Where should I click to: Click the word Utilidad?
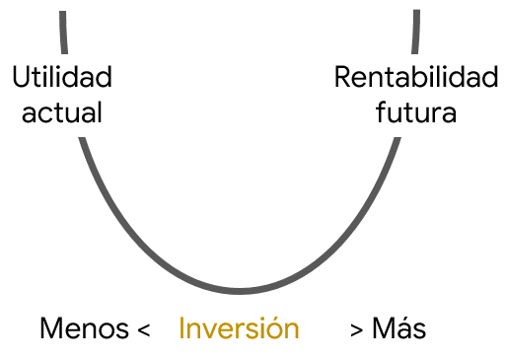(61, 77)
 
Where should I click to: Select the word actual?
(62, 111)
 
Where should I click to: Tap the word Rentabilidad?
(415, 77)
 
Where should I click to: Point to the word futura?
(416, 111)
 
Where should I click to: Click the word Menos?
(84, 328)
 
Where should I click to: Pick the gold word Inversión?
(238, 328)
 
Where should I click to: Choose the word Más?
(398, 328)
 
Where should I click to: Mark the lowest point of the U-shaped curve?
(240, 291)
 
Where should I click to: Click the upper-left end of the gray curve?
(62, 13)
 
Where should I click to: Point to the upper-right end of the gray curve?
(416, 13)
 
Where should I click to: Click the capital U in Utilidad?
(22, 77)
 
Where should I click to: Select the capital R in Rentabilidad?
(342, 77)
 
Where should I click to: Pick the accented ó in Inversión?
(271, 328)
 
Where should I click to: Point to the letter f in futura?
(382, 111)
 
